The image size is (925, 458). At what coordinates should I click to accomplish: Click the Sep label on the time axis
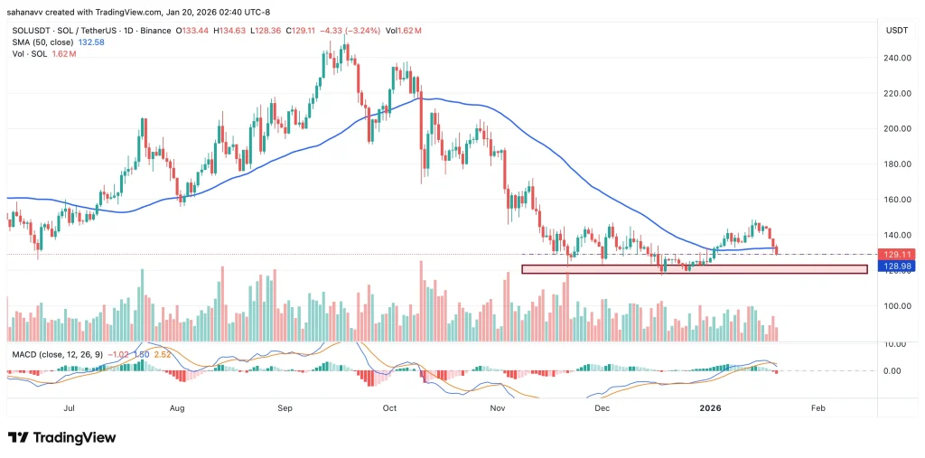point(285,407)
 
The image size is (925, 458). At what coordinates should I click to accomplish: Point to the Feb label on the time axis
point(818,407)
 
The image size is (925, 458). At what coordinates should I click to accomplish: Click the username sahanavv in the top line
point(32,12)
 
